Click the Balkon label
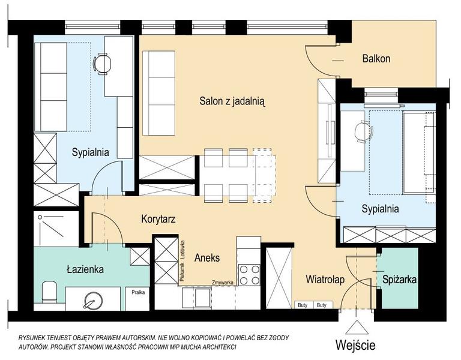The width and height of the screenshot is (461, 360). (376, 58)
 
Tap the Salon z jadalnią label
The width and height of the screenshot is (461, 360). (232, 101)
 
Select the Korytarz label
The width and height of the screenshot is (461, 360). (158, 219)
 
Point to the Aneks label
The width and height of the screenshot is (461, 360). (207, 258)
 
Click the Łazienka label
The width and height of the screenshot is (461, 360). (85, 269)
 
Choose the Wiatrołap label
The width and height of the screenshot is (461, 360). (325, 280)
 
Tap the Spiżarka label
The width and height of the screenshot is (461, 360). (399, 280)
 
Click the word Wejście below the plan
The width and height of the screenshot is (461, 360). (355, 346)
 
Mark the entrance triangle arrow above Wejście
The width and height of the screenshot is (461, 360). (357, 328)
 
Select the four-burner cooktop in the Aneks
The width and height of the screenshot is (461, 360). (249, 275)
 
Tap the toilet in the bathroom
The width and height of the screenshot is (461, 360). (49, 292)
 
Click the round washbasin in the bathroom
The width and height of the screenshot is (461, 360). (93, 301)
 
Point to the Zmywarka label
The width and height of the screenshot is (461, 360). (223, 283)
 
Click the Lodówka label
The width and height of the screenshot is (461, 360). (182, 250)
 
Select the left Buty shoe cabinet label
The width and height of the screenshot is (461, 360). (303, 305)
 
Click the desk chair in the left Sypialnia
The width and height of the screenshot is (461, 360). (102, 64)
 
